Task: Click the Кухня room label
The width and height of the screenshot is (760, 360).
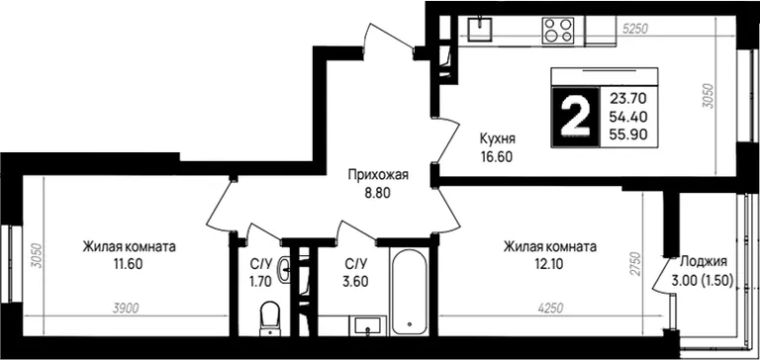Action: [498, 138]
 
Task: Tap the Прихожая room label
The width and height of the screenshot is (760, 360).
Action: [379, 175]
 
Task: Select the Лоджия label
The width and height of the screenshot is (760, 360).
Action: [704, 262]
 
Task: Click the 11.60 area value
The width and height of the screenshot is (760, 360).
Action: [129, 264]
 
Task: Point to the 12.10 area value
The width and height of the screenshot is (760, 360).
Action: [549, 264]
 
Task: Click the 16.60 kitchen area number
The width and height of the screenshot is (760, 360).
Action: [497, 156]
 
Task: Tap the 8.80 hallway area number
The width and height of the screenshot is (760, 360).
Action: [378, 193]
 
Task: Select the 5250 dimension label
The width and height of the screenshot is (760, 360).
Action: [635, 29]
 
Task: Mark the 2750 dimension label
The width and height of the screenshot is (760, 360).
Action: [635, 264]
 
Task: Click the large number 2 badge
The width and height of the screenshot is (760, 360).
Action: [575, 118]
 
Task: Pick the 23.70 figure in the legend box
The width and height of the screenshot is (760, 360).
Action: [628, 99]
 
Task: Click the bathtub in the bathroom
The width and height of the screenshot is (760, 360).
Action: [410, 292]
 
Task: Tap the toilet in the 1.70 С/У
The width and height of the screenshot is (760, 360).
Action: [269, 318]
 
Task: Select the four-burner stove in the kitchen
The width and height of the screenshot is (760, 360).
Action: [557, 31]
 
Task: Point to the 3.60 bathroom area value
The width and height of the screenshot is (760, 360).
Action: [356, 281]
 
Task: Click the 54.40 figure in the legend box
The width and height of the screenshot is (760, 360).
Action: [628, 117]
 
